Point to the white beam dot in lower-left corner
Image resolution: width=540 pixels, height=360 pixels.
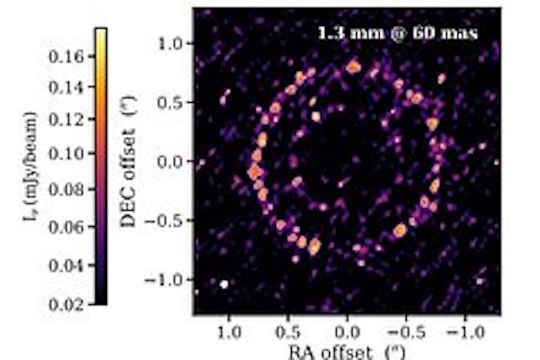click(224, 284)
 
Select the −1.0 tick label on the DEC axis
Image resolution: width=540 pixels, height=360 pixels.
click(170, 280)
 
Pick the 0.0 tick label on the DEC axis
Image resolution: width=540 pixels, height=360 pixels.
click(175, 162)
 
